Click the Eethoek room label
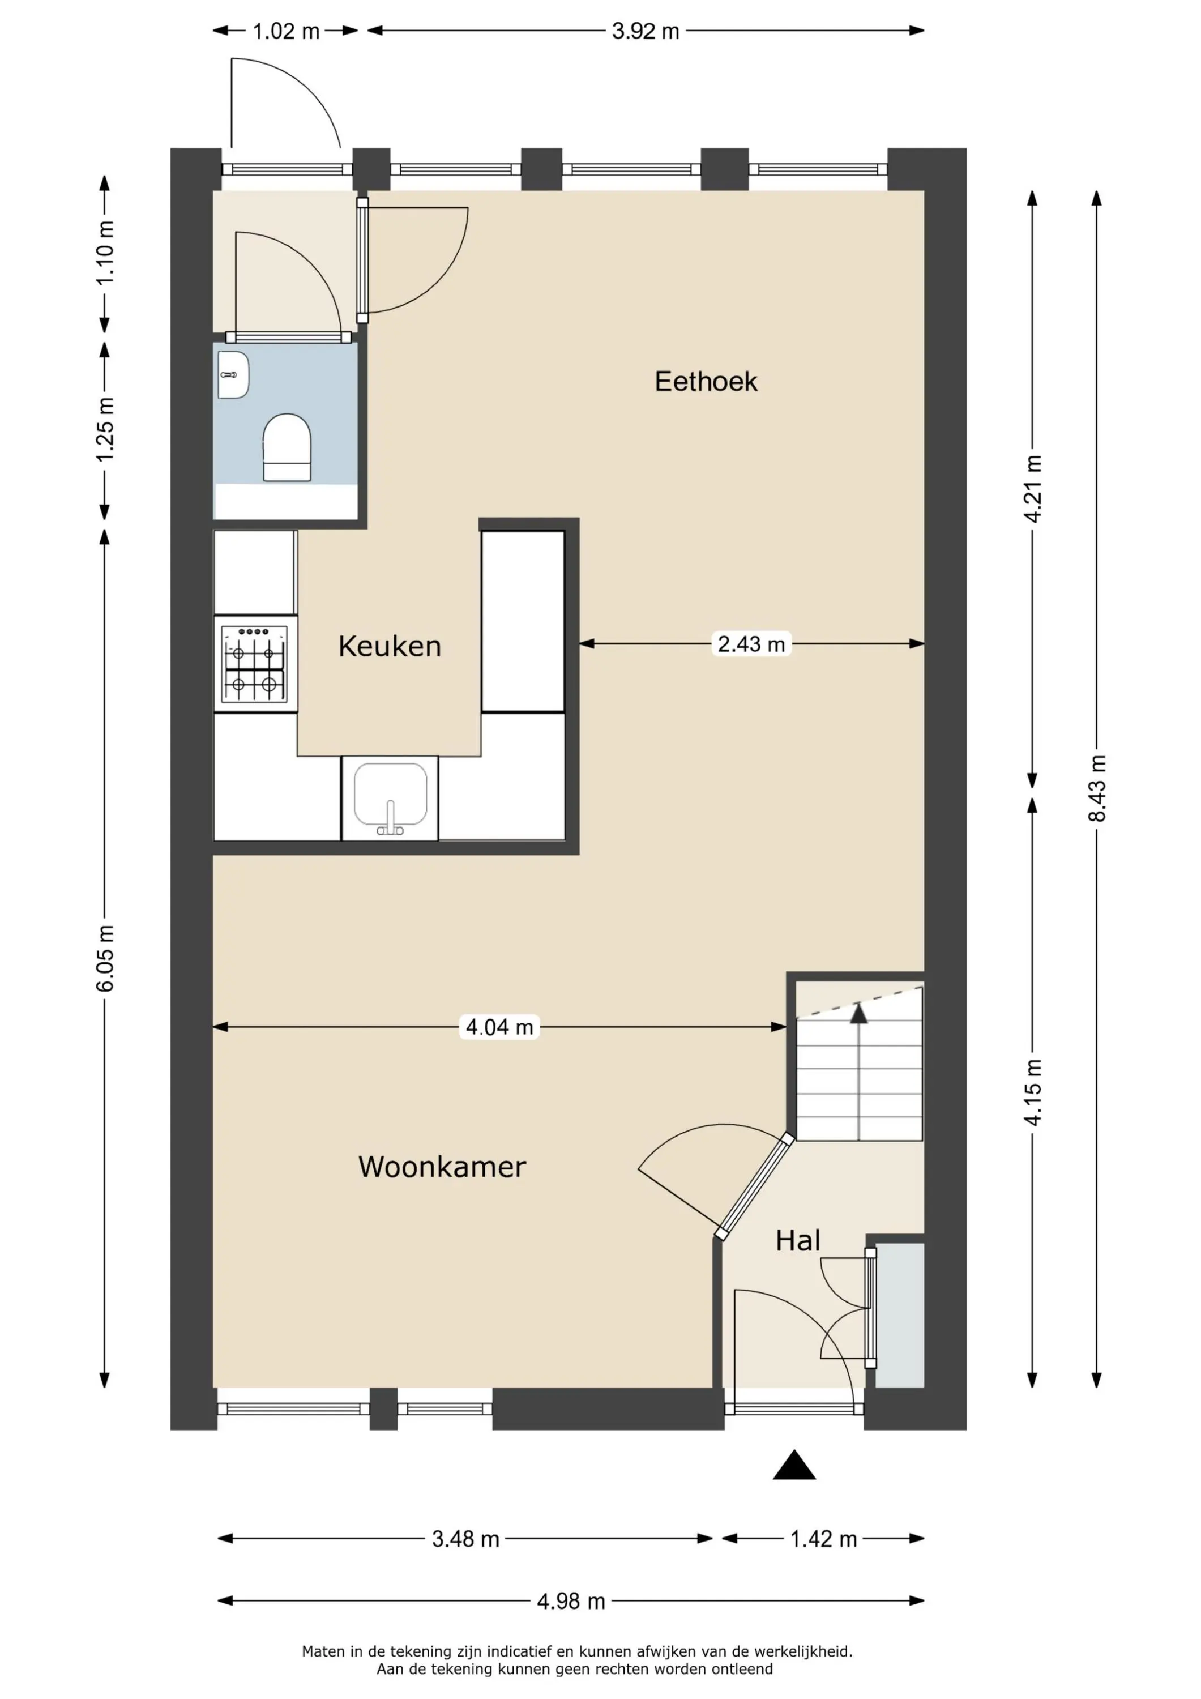706,382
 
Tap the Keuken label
390,646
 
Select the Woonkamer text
442,1167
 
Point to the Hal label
798,1241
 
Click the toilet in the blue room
287,447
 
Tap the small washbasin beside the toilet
234,375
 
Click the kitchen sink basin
390,796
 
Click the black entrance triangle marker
794,1466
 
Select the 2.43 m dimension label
751,644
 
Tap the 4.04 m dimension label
499,1027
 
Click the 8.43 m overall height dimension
1097,788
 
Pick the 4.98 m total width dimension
571,1602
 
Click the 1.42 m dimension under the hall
823,1540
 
